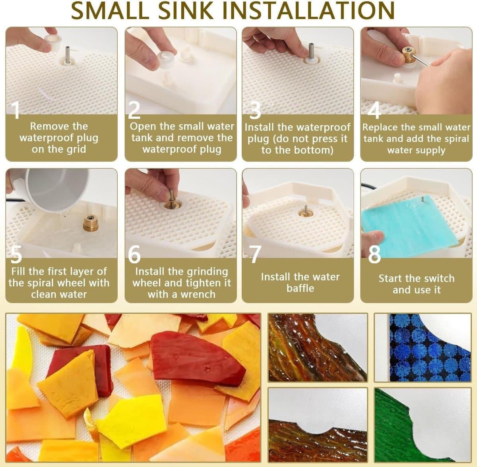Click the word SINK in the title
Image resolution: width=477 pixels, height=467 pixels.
[187, 10]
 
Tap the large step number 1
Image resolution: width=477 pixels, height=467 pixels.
[16, 110]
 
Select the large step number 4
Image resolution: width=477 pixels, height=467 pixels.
[374, 110]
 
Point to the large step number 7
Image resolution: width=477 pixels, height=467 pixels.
[256, 254]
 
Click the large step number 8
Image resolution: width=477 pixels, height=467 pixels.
[374, 254]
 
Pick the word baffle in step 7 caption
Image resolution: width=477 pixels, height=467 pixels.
[300, 288]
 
